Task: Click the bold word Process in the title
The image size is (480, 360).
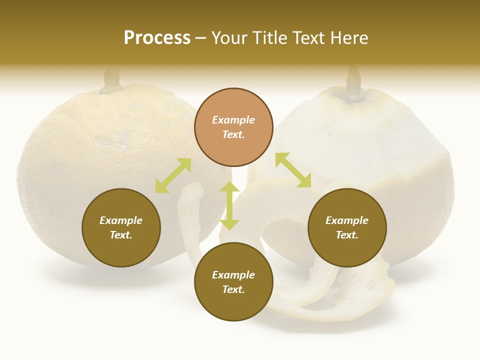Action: tap(157, 38)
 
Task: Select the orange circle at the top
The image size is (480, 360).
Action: tap(233, 127)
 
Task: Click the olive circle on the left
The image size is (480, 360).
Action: tap(121, 227)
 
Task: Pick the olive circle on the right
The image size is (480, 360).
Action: tap(347, 227)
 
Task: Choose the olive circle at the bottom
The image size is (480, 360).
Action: tap(233, 282)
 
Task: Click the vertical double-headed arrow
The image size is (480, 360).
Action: tap(229, 205)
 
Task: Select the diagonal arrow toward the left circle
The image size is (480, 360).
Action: tap(173, 175)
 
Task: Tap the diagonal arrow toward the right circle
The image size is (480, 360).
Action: tap(293, 170)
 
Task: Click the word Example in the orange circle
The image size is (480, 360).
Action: tap(233, 120)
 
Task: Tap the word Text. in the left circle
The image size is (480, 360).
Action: tap(121, 235)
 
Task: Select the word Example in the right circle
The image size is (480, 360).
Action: tap(347, 220)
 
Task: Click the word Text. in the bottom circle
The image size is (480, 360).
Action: tap(233, 289)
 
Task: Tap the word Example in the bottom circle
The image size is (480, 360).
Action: tap(233, 275)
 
